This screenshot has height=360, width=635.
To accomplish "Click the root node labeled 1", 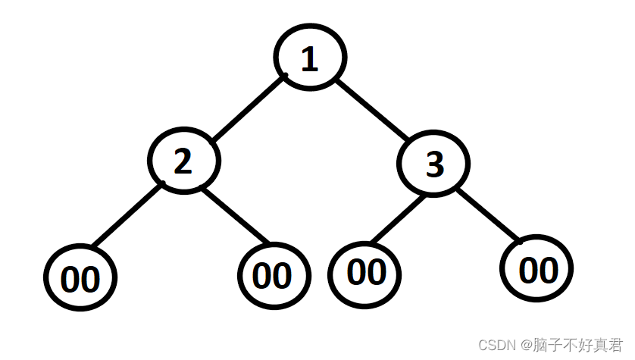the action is (309, 58).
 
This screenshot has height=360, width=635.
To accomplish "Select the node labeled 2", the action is (183, 161).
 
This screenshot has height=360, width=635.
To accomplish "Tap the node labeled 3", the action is (433, 163).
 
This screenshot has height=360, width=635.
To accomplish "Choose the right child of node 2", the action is (274, 276).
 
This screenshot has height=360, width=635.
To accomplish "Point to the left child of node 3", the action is (367, 271).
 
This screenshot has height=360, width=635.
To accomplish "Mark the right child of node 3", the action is (536, 268).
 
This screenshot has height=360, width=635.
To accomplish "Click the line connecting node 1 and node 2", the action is (246, 108).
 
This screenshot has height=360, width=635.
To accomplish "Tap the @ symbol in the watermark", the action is (523, 345).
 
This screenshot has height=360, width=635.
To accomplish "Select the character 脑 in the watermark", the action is (538, 345).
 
